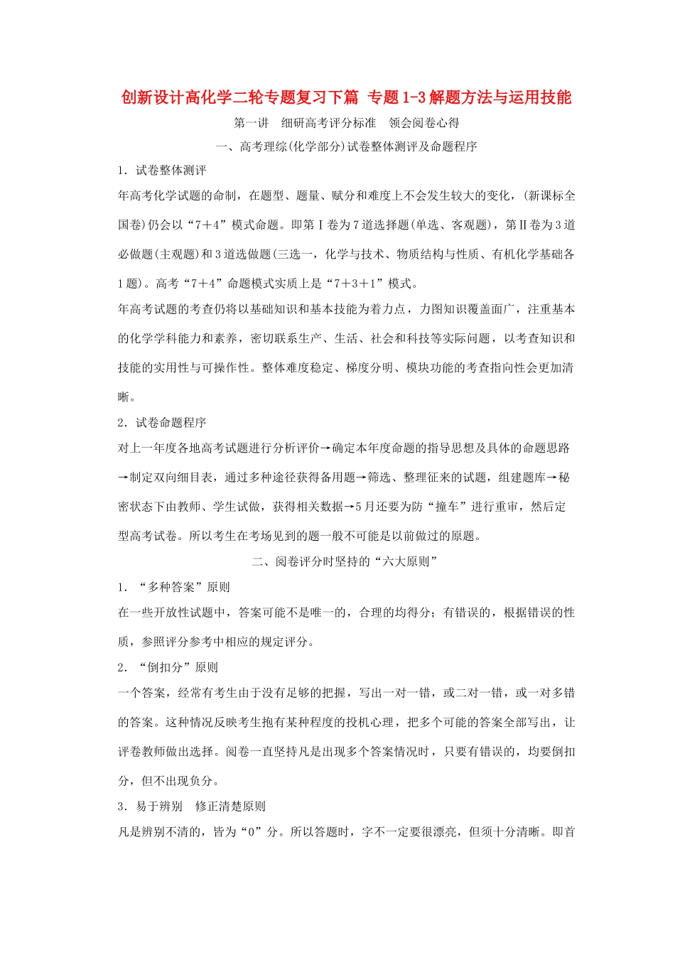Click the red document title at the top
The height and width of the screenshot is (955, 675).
point(346,97)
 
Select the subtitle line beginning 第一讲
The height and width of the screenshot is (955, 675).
point(346,123)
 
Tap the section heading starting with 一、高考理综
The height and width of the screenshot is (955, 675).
point(346,147)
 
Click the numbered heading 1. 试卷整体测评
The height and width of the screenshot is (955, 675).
point(162,171)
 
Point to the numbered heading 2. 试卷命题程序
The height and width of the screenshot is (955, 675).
point(162,423)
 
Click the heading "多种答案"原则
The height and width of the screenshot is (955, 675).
point(174,587)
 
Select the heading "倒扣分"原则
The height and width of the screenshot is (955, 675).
point(168,667)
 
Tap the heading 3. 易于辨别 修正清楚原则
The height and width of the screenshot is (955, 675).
point(192,806)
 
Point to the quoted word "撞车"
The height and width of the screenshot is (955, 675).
point(446,507)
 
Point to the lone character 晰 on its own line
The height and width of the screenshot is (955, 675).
point(124,396)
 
